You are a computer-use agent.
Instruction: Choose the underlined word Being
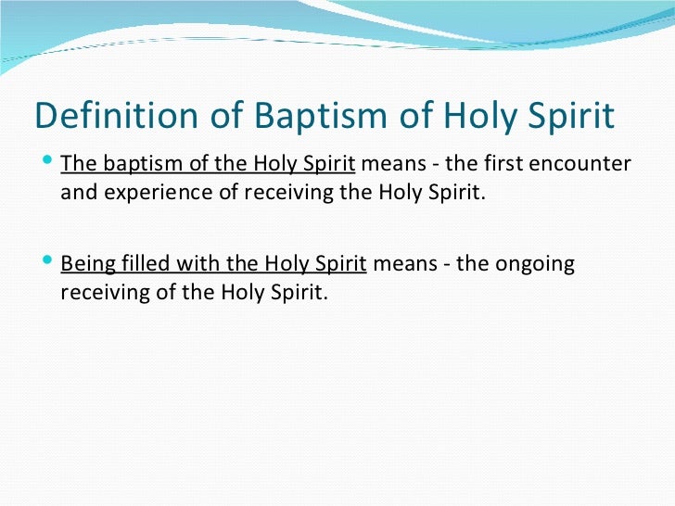(x=85, y=264)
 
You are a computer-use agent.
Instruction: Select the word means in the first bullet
(x=387, y=165)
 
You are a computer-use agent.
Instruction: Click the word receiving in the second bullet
(x=102, y=294)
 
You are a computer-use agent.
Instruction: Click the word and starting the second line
(x=77, y=195)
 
